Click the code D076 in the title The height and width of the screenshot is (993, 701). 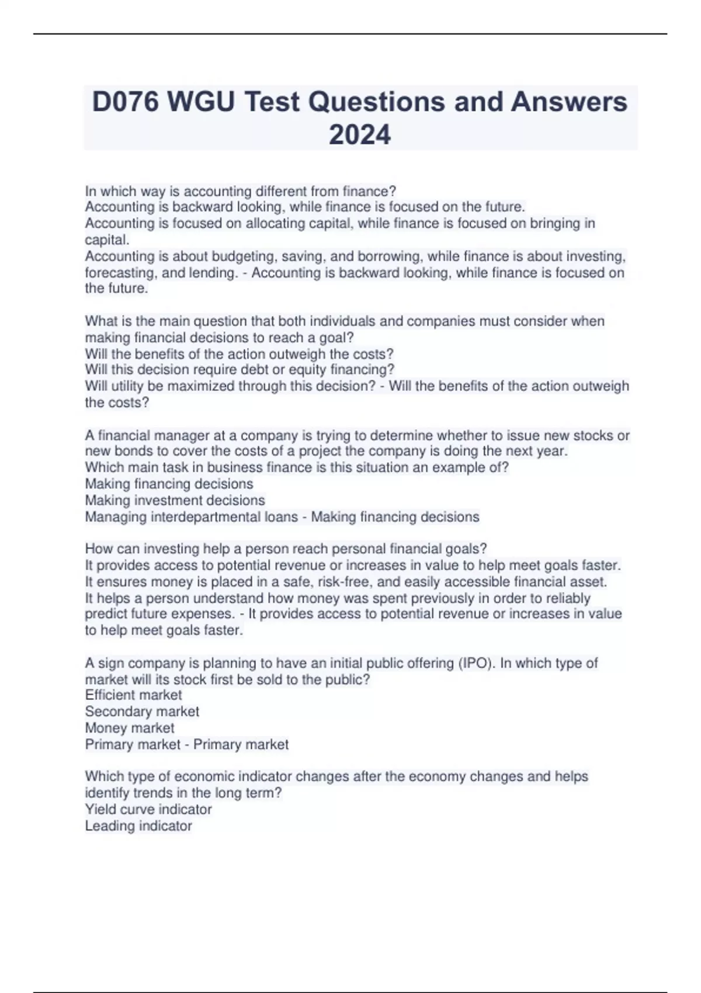125,102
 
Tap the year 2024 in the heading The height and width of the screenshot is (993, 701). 360,135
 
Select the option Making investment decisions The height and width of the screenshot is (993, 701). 175,501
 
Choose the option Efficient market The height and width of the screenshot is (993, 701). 133,695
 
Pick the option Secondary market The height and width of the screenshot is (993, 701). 142,711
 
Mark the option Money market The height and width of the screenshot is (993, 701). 130,728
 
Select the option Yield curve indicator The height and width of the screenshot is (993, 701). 148,810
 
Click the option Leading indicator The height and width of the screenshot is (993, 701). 138,826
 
